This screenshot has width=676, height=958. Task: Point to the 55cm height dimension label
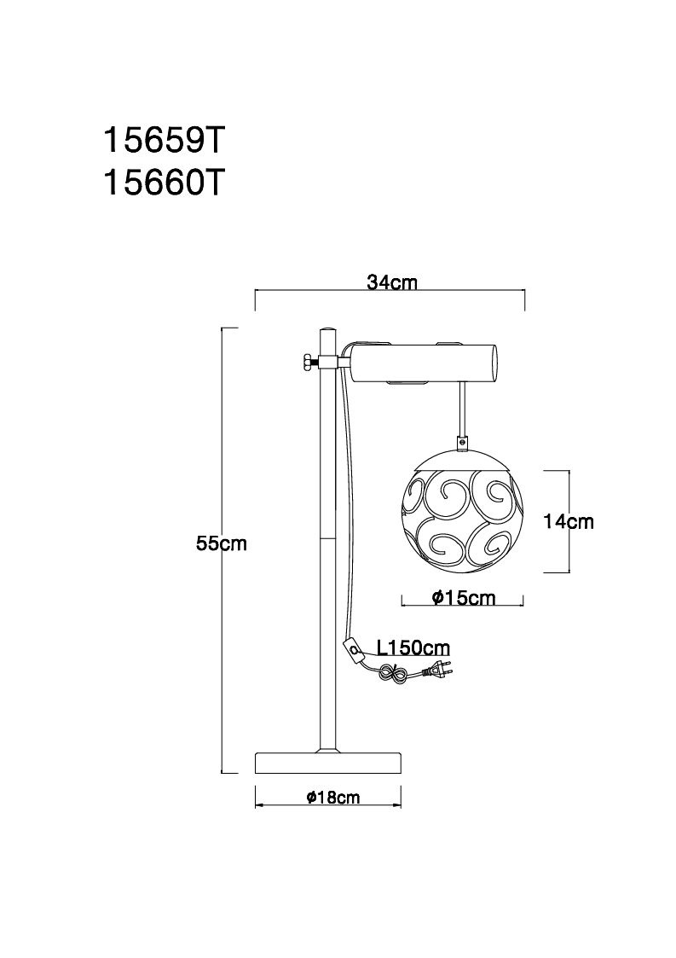pos(222,543)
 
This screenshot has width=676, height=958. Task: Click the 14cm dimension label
pos(568,521)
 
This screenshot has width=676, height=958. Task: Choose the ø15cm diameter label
pos(464,597)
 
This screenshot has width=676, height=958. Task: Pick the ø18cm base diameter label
pos(332,797)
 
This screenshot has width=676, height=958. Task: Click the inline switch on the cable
pos(354,649)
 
